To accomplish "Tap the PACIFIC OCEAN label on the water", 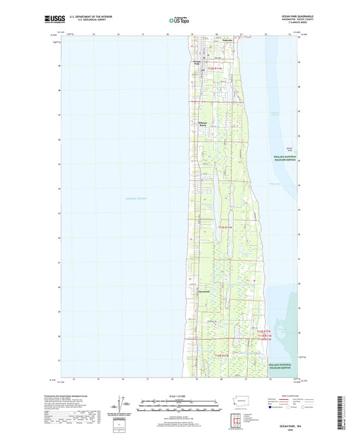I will pyautogui.click(x=136, y=198).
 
